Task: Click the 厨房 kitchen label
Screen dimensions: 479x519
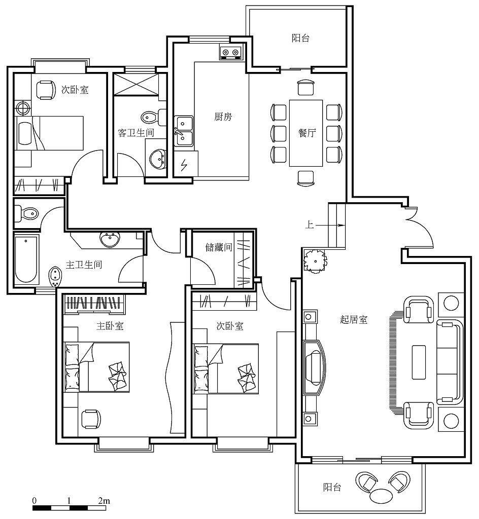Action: (x=223, y=117)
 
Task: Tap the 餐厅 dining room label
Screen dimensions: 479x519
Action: (x=307, y=133)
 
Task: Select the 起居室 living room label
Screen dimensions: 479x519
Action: (x=354, y=319)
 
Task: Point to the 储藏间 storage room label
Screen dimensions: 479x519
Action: (x=219, y=247)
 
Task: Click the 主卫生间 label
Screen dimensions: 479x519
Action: (x=84, y=265)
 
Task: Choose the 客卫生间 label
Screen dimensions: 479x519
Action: (x=136, y=133)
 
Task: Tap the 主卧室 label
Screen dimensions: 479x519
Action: (x=110, y=326)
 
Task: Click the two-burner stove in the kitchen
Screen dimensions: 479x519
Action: (x=230, y=52)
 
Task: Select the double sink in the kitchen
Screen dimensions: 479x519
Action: (x=184, y=131)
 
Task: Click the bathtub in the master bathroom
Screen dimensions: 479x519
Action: (x=26, y=259)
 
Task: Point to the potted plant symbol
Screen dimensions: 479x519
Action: (x=315, y=261)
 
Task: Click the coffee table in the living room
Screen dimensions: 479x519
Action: (x=419, y=362)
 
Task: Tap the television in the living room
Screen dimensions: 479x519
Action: (x=315, y=367)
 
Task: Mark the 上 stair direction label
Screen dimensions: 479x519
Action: (x=310, y=225)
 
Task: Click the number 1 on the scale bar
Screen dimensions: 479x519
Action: (x=69, y=500)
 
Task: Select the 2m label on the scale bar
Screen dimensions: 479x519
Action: (x=104, y=500)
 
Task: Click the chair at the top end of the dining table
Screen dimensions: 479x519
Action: (x=305, y=87)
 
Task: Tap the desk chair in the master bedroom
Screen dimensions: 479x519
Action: (x=91, y=419)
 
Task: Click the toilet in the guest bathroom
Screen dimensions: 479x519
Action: (x=154, y=117)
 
